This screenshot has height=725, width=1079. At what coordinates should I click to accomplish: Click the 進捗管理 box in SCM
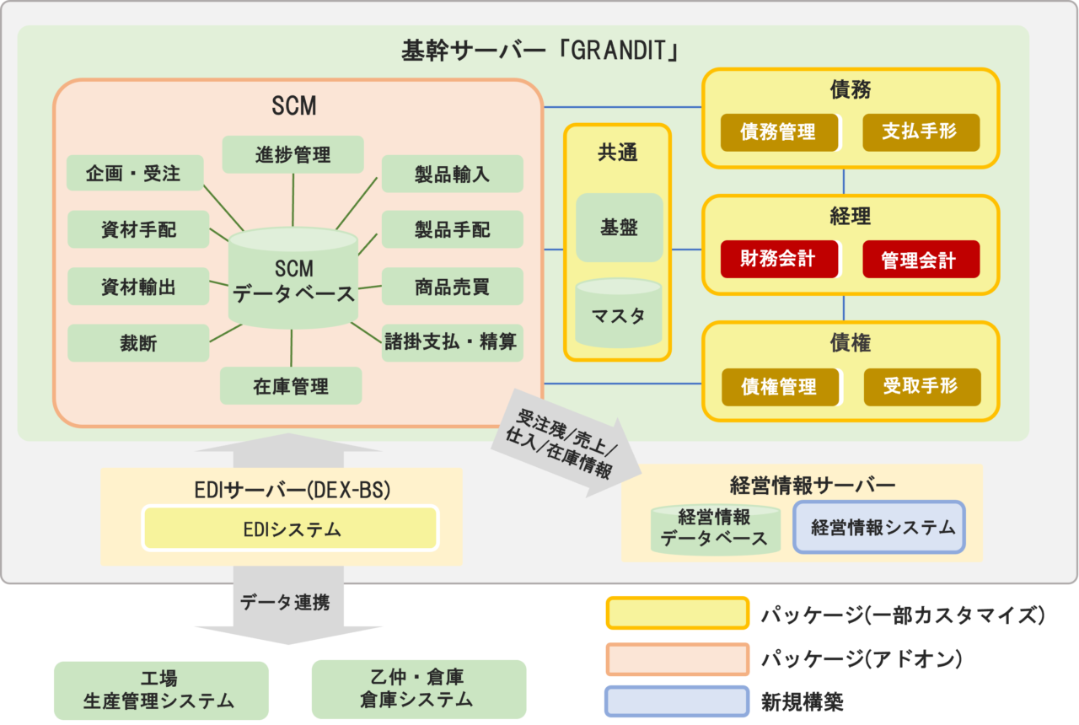[293, 155]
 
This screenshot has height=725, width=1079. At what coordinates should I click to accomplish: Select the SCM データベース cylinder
[293, 281]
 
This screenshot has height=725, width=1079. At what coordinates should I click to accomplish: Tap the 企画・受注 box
[135, 174]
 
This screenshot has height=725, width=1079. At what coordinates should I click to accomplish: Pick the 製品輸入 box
[452, 175]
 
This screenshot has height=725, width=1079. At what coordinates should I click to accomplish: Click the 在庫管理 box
[291, 387]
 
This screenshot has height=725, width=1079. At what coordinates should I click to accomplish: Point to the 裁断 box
[138, 343]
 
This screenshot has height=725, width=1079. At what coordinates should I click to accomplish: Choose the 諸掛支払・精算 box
[452, 343]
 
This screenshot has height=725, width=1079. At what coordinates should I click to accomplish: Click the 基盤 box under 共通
[619, 228]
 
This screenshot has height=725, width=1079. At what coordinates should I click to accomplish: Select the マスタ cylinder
[619, 317]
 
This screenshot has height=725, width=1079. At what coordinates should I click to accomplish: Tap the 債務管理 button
[779, 132]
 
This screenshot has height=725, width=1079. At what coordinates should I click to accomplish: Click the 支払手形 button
[921, 132]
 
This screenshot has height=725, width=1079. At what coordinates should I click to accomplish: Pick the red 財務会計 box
[779, 259]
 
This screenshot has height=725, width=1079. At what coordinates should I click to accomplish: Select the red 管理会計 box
[921, 260]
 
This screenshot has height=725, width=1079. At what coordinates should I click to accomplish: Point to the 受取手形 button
[921, 386]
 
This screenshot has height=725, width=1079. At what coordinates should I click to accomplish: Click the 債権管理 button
[780, 387]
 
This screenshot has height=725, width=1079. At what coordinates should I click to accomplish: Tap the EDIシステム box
[291, 529]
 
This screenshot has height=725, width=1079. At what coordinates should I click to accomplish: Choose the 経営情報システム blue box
[878, 528]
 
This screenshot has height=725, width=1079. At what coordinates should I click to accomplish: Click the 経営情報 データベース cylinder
[714, 529]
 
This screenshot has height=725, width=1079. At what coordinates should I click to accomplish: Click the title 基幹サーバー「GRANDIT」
[540, 51]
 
